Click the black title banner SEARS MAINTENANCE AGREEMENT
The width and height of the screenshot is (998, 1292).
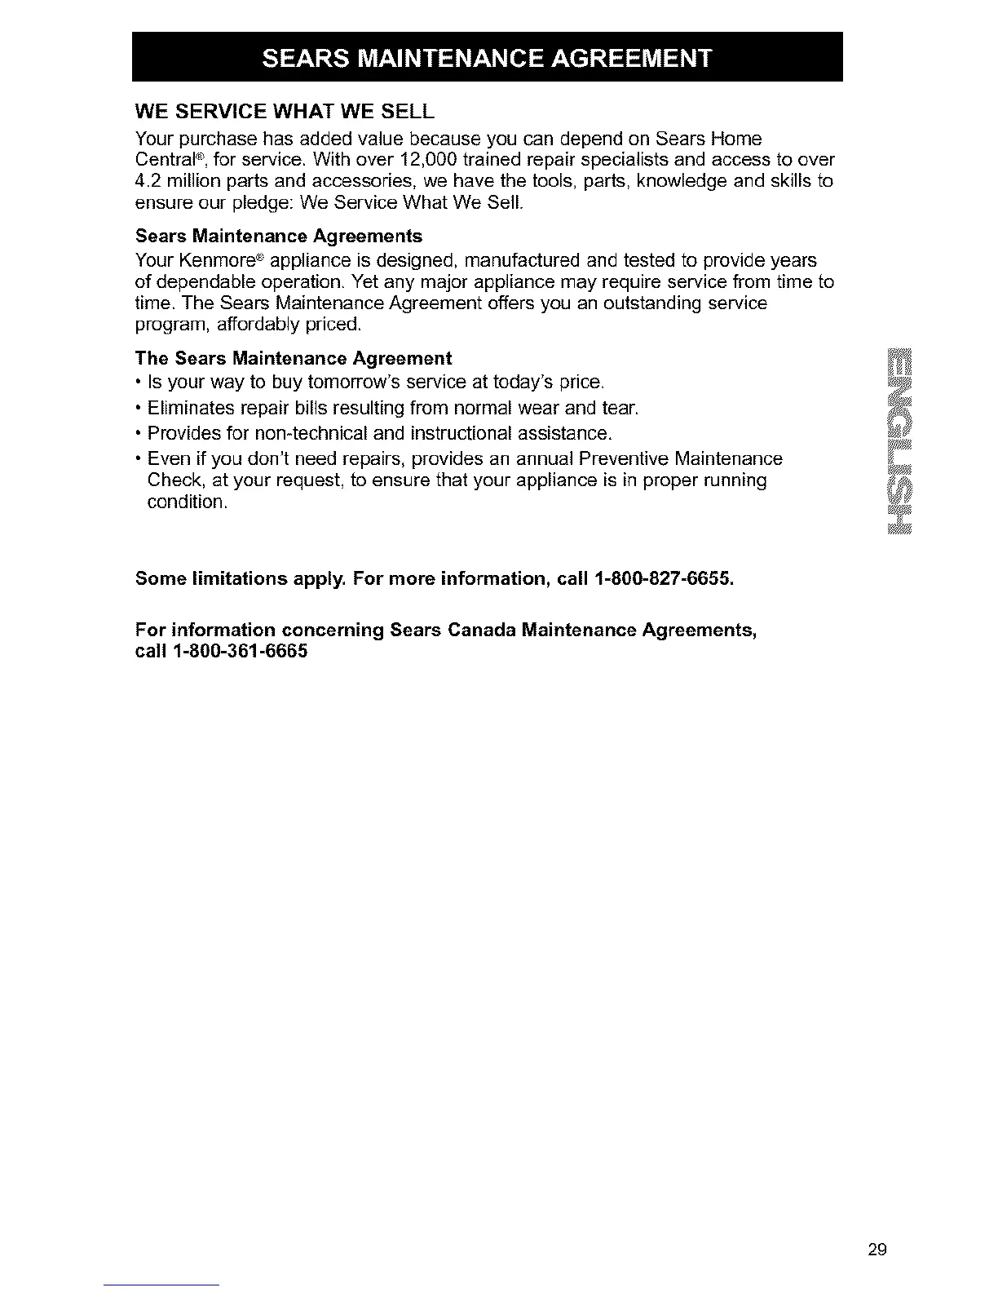[x=487, y=58]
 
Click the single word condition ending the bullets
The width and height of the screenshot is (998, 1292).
[x=187, y=502]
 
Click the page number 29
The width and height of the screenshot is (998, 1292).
[x=877, y=1249]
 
